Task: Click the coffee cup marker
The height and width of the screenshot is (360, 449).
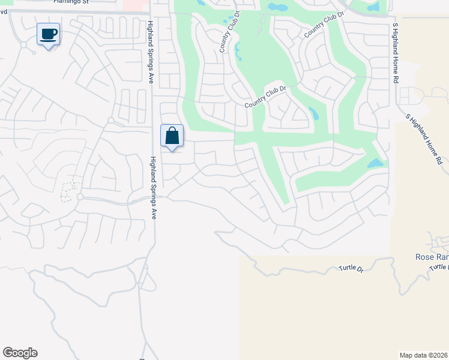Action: (48, 35)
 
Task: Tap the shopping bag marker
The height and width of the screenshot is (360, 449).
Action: (172, 136)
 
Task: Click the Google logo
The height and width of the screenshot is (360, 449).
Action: (20, 353)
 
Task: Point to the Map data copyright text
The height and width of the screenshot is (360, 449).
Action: (424, 355)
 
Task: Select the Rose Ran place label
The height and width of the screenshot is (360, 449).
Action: (432, 257)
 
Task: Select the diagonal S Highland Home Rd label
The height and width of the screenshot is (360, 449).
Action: (424, 139)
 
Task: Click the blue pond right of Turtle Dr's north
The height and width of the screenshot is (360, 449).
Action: (375, 163)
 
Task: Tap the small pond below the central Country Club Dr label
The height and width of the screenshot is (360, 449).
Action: (313, 112)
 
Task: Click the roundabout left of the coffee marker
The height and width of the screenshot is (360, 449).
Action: (23, 44)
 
